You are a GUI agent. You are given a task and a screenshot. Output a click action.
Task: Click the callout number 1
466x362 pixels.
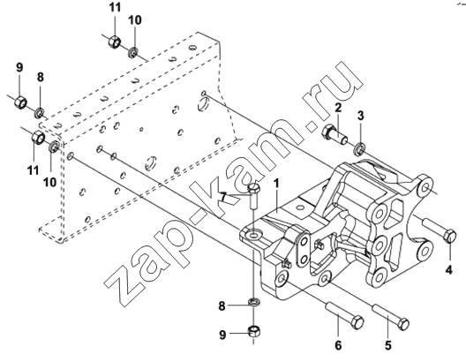277,184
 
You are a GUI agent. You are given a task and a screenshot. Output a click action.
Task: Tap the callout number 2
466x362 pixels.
338,108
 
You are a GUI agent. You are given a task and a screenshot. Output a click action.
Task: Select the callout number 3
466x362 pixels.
360,116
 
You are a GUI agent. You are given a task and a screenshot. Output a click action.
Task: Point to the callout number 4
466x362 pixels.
449,270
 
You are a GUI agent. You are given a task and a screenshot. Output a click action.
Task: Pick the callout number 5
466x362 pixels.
387,345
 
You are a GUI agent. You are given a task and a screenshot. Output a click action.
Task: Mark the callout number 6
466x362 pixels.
338,345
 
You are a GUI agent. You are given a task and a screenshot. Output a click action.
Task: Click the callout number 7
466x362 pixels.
224,198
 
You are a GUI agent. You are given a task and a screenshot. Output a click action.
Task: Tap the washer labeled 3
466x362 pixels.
359,148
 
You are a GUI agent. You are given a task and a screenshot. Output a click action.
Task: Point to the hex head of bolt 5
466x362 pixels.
403,324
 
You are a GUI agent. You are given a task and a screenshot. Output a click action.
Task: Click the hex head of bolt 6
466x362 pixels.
357,322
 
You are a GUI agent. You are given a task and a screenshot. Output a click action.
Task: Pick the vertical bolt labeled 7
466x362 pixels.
253,196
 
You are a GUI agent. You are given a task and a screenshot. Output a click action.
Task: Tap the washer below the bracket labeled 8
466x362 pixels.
253,303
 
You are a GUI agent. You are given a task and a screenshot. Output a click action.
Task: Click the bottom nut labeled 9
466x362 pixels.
253,331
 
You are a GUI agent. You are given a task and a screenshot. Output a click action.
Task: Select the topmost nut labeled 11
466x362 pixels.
114,41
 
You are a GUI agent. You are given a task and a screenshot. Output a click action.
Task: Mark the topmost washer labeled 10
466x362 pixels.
133,53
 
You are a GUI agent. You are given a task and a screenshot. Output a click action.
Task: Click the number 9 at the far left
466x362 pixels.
19,67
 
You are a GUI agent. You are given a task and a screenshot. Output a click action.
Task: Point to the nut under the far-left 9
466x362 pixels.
20,102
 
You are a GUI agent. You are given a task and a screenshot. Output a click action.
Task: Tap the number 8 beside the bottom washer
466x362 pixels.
222,305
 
